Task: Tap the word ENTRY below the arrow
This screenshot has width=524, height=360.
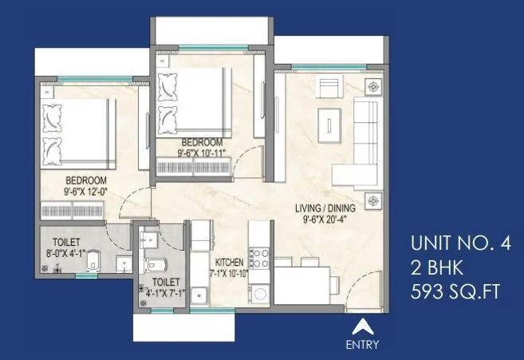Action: pos(363,345)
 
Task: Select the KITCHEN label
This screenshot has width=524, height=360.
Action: pos(230,262)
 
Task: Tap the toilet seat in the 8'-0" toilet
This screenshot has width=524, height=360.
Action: pos(93,259)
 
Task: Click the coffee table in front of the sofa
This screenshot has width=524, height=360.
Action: pos(327,121)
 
